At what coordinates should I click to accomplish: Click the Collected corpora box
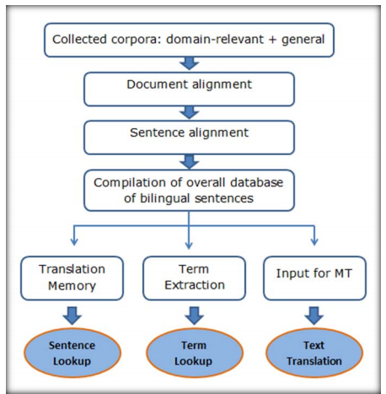[189, 40]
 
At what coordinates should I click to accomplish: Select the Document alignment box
[189, 89]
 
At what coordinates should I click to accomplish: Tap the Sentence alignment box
[189, 138]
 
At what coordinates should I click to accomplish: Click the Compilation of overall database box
[189, 191]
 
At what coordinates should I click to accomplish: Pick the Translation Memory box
[72, 278]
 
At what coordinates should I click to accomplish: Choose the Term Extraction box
[194, 278]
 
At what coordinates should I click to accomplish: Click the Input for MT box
[314, 278]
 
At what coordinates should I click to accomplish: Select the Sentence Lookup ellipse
[72, 353]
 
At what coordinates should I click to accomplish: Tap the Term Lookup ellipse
[194, 353]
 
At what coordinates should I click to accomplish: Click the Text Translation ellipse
[314, 353]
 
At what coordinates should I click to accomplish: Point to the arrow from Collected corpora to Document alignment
[190, 63]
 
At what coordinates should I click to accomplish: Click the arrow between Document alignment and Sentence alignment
[190, 112]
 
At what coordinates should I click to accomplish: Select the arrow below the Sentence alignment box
[190, 161]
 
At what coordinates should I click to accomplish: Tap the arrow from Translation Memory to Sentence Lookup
[72, 316]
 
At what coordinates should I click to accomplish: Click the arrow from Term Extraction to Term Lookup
[194, 316]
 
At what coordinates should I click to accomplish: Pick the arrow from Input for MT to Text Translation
[314, 316]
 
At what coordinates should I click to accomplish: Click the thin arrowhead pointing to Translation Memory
[74, 241]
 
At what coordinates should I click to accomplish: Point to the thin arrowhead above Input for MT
[314, 241]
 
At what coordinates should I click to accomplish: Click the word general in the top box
[303, 40]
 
